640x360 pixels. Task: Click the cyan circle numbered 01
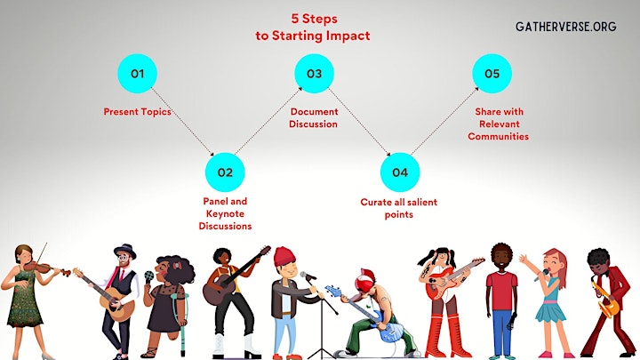coord(137,74)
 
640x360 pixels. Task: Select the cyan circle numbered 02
coord(225,172)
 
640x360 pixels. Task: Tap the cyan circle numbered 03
coord(315,74)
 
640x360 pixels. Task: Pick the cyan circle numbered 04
coord(400,172)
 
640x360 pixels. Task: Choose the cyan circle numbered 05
coord(492,74)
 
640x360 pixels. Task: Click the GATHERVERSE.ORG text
coord(565,27)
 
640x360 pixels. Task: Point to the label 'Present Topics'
coord(137,112)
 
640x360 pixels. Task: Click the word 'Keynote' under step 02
coord(225,214)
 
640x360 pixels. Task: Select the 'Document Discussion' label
coord(314,117)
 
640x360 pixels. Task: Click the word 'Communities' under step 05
coord(499,136)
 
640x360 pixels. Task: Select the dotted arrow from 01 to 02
coord(182,121)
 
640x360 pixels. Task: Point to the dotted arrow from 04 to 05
coord(444,121)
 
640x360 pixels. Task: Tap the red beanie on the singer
coord(284,256)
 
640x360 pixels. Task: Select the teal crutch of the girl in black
coord(180,318)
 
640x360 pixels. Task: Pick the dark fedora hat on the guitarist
coord(125,250)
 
